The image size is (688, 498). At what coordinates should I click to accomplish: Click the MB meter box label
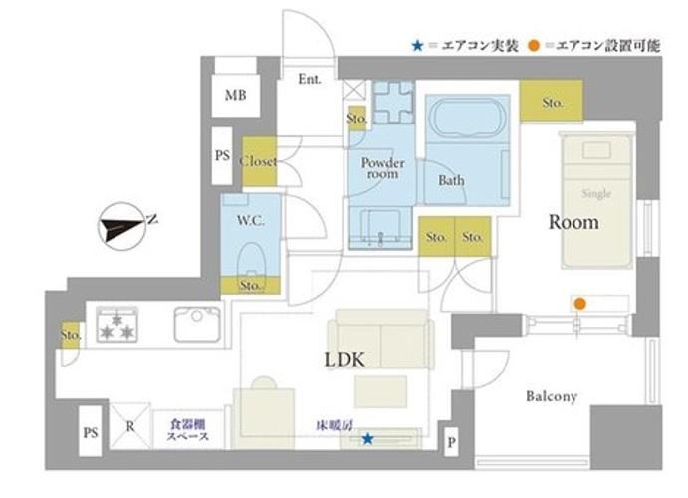[235, 95]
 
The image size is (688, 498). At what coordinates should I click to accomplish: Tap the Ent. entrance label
[310, 79]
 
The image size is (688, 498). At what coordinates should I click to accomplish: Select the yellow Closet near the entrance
[259, 161]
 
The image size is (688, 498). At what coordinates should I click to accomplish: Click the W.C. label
[251, 220]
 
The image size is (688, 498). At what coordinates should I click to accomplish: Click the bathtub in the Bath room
[467, 119]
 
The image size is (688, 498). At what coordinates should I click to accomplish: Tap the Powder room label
[382, 168]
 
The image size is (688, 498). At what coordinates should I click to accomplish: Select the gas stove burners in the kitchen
[117, 325]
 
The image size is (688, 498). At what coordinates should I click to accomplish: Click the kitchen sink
[197, 325]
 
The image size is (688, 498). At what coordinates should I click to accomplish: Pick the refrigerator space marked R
[130, 426]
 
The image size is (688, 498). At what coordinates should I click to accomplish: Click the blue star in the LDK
[367, 438]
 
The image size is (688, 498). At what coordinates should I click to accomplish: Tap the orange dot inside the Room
[580, 303]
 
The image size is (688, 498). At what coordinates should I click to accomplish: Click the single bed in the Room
[597, 201]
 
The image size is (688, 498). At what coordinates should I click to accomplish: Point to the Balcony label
[552, 396]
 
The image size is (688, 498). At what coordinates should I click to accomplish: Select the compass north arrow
[122, 226]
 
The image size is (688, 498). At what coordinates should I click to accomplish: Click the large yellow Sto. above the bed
[552, 101]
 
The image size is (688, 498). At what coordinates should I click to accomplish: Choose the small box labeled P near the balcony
[451, 442]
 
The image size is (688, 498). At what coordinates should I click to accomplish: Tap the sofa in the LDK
[381, 339]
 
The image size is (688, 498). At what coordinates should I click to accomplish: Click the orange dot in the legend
[534, 45]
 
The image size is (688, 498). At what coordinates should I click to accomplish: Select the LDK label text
[344, 360]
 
